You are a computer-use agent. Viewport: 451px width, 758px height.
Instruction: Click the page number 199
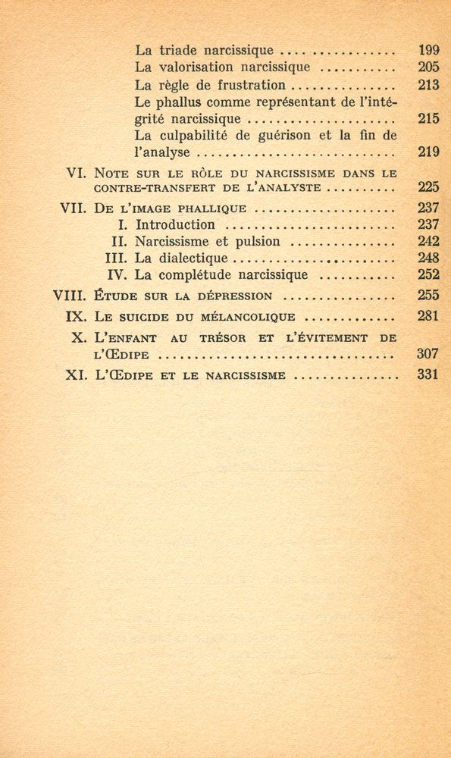(428, 50)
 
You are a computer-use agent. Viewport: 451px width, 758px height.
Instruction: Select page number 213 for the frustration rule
(428, 84)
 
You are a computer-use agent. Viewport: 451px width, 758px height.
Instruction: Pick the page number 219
(428, 152)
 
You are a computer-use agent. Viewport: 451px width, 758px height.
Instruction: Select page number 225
(428, 186)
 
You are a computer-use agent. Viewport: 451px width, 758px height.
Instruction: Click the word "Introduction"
(175, 224)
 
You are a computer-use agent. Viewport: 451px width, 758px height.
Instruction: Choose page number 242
(428, 241)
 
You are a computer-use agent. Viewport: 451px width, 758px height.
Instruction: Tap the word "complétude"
(200, 274)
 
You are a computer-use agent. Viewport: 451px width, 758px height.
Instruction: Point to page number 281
(428, 316)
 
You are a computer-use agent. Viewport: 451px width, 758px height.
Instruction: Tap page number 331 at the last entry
(428, 374)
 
